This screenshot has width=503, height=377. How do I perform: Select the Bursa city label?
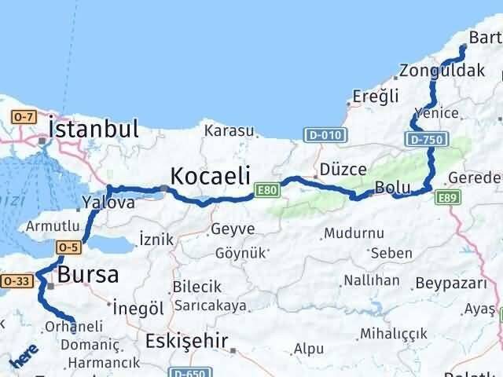click(x=87, y=275)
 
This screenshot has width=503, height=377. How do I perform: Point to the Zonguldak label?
click(x=441, y=71)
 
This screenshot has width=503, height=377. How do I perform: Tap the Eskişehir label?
click(x=187, y=341)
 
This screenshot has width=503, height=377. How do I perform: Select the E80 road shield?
click(x=266, y=191)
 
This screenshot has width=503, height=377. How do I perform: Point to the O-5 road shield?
click(x=66, y=247)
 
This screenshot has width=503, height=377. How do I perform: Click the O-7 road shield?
click(x=21, y=117)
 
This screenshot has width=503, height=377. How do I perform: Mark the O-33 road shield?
click(x=15, y=280)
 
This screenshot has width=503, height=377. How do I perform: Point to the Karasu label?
click(x=229, y=130)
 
